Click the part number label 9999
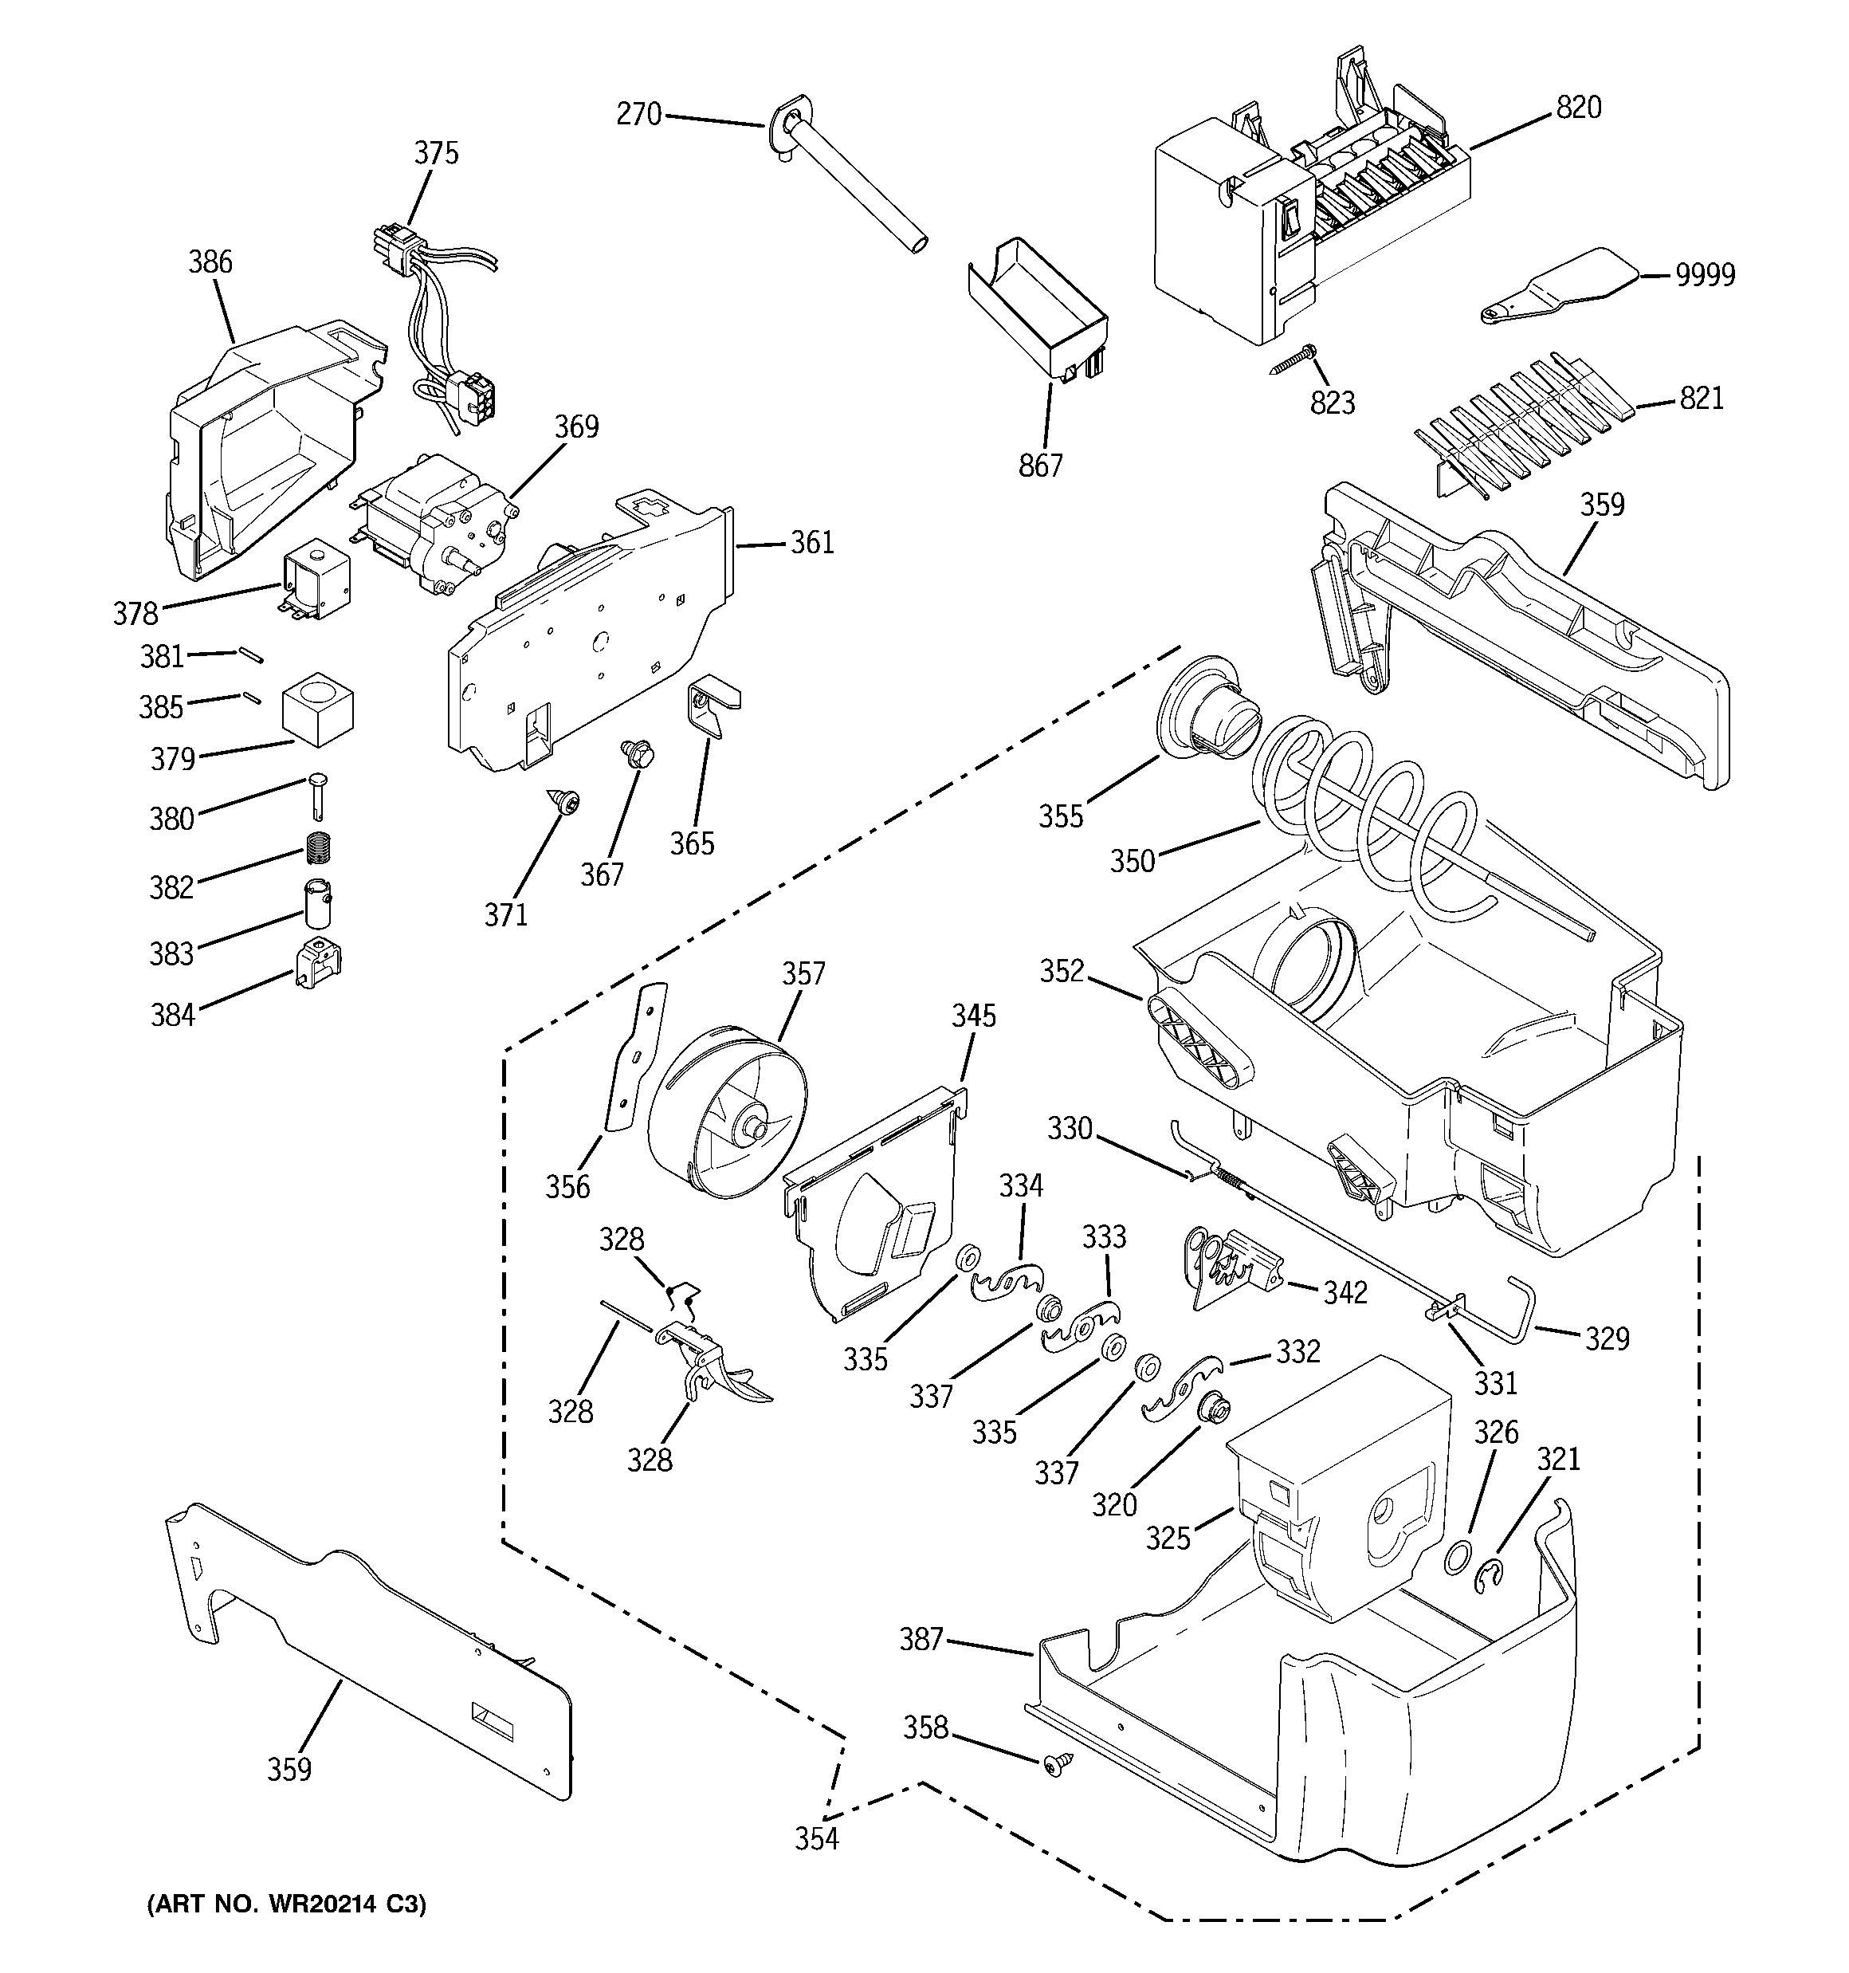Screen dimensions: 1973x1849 pos(1705,275)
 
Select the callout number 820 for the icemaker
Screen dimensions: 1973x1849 pos(1578,107)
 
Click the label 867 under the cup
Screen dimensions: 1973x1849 pos(1040,465)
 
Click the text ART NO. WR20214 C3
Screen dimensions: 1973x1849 pos(286,1904)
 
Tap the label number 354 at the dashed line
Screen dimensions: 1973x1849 pos(816,1838)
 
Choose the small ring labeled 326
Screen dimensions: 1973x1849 pos(1455,1558)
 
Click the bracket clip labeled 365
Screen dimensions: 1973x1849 pos(711,705)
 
